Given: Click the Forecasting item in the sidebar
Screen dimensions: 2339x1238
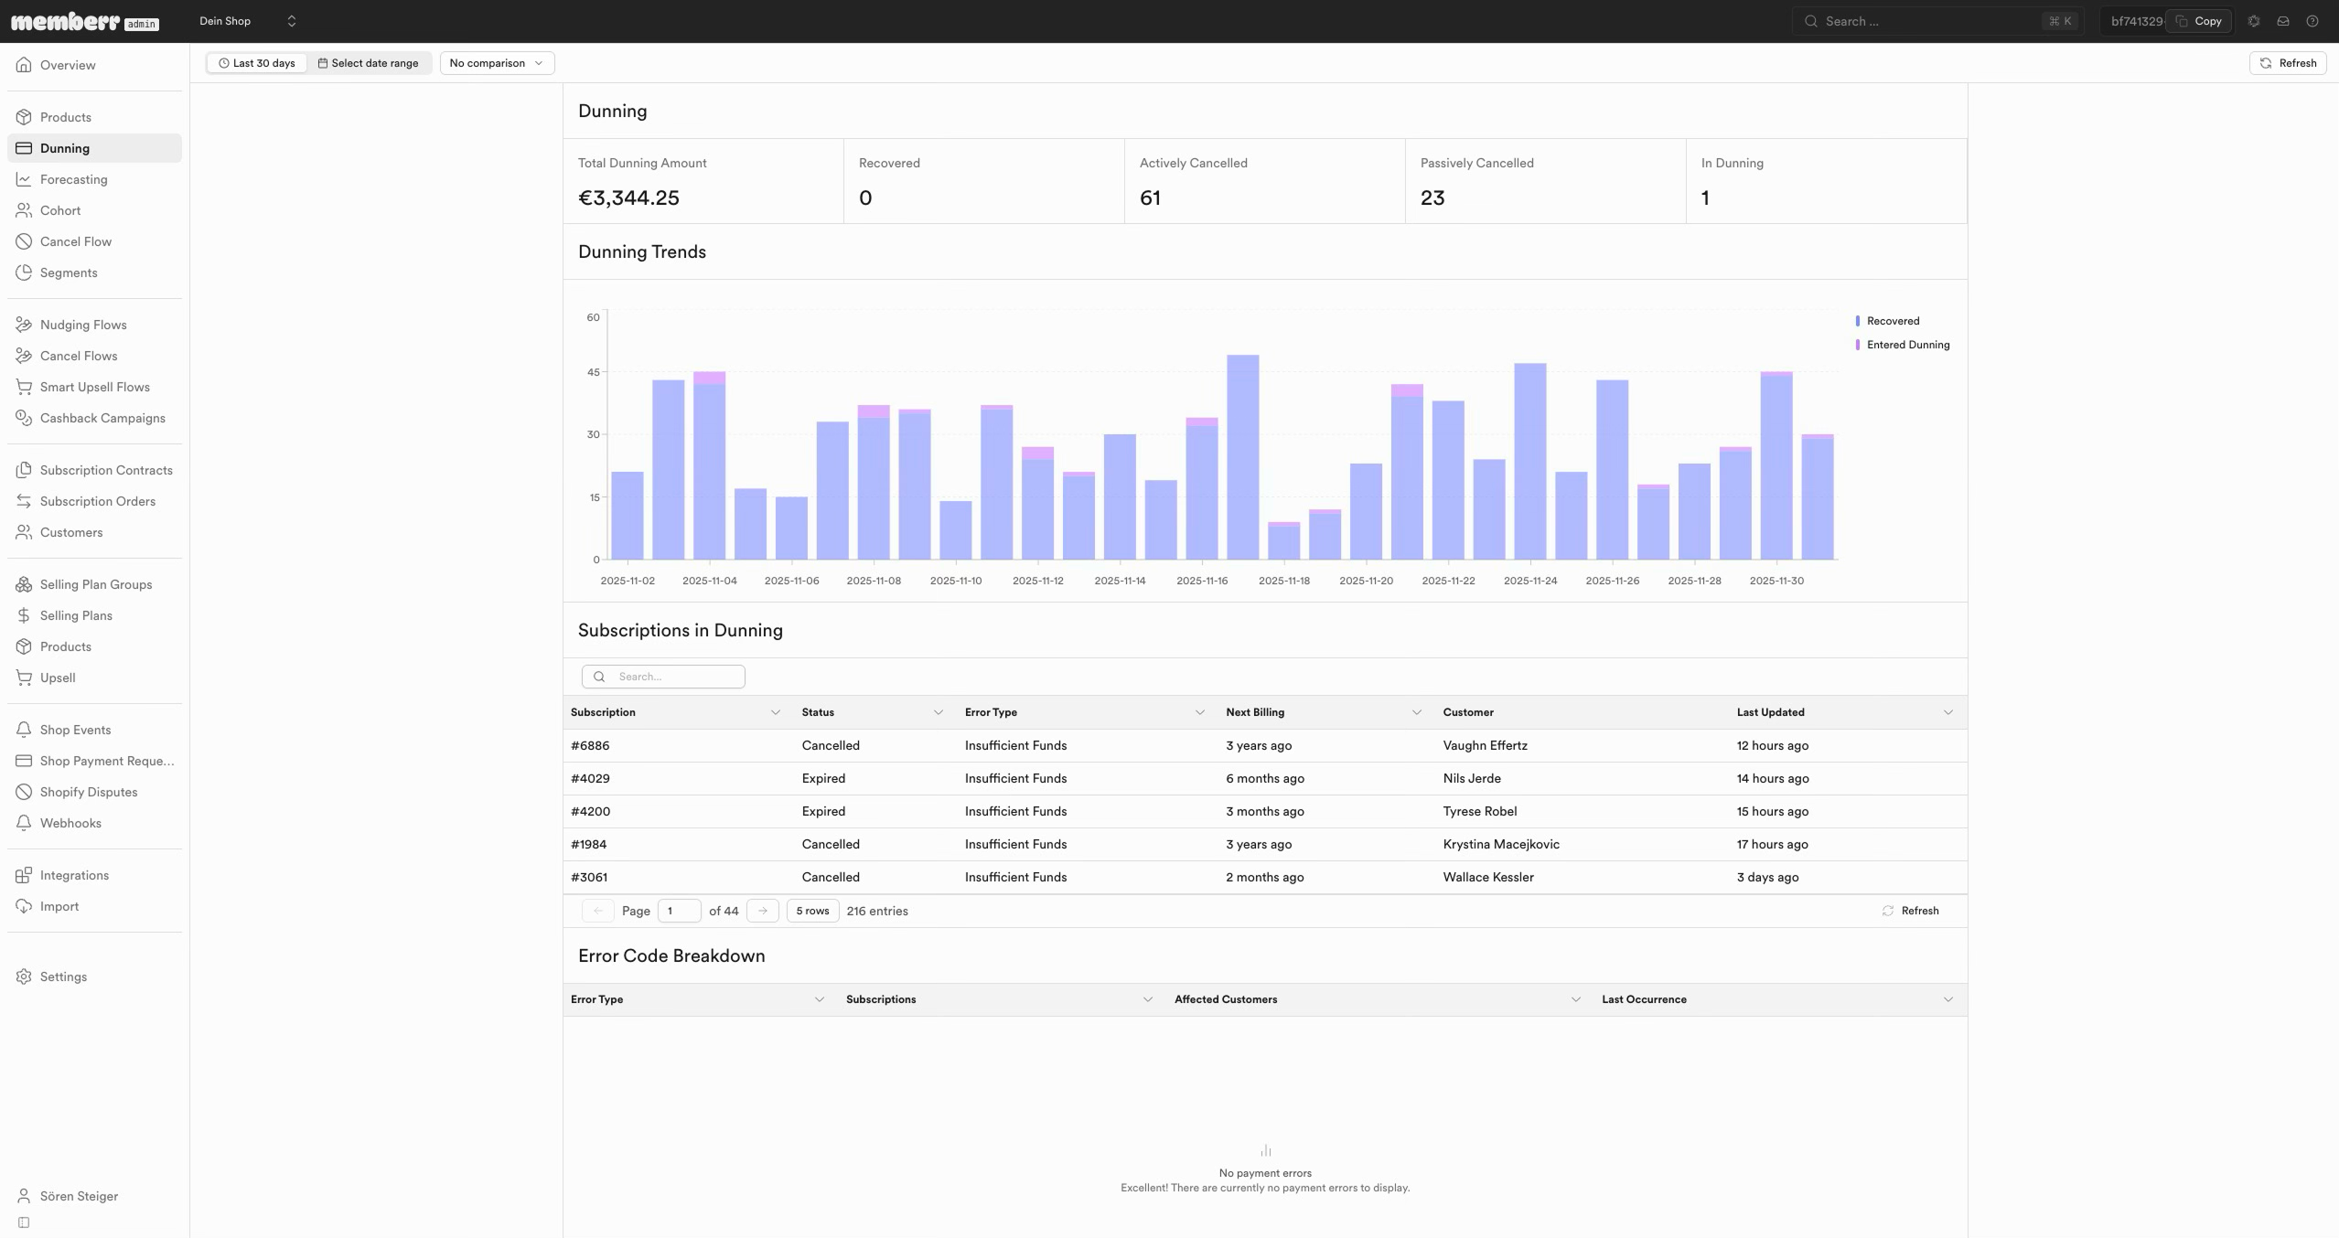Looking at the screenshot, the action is coord(73,179).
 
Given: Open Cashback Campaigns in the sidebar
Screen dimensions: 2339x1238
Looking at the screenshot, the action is coord(102,418).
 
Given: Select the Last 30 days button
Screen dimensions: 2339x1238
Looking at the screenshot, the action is coord(257,63).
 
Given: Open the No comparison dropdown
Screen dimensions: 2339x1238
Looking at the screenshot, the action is coord(497,63).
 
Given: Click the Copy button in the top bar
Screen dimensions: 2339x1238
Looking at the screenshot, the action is coord(2199,21).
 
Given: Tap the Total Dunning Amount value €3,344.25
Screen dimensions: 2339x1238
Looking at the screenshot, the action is coord(628,197).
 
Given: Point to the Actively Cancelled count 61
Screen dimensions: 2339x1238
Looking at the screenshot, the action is coord(1150,197).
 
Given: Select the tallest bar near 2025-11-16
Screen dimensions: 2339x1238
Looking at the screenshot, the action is coord(1242,457).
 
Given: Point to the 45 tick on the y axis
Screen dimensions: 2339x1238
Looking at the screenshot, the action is coord(594,372).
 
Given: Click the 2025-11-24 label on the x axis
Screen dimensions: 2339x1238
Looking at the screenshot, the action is coord(1530,581).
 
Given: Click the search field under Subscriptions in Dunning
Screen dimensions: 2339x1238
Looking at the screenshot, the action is coord(663,677).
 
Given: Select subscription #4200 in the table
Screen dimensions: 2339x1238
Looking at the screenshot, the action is coord(590,811).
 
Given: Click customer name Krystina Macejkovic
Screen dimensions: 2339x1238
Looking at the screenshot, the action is coord(1501,844).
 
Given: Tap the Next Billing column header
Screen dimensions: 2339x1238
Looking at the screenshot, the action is coord(1255,712).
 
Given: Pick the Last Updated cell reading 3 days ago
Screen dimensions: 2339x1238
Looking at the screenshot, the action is coord(1767,877).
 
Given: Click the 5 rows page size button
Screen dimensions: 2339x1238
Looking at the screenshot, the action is coord(812,911).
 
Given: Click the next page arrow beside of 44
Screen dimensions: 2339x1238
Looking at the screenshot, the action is coord(763,911).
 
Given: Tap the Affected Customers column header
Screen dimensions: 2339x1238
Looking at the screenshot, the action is coord(1226,999).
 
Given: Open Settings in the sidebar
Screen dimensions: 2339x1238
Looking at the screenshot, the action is coord(63,977).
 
